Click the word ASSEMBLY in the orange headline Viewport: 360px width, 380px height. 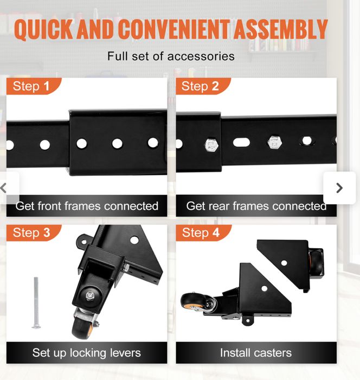[281, 29]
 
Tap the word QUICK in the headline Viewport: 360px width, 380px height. [43, 29]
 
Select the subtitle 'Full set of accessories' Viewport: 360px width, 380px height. [171, 56]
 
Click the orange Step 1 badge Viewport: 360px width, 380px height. [34, 86]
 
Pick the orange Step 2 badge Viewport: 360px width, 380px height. [203, 86]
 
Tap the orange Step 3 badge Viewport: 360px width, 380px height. [34, 233]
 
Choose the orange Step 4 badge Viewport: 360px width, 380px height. [203, 233]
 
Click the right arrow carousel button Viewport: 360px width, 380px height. [339, 188]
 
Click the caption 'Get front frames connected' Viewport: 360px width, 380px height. [87, 206]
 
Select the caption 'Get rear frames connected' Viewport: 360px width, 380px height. [256, 206]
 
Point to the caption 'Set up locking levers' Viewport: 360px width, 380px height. [87, 353]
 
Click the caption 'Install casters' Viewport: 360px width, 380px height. [256, 353]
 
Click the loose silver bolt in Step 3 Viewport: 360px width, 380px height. [36, 303]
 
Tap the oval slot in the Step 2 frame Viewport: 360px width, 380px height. [241, 142]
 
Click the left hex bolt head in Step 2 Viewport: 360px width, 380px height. [211, 145]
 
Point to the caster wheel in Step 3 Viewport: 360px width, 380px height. [81, 328]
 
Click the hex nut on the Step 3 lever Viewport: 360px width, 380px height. [90, 295]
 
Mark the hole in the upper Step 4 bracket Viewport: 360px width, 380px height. [284, 263]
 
